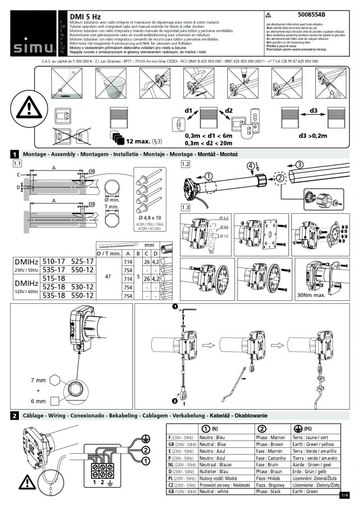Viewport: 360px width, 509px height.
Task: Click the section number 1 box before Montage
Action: [x=15, y=155]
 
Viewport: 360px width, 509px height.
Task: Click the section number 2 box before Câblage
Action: [x=15, y=415]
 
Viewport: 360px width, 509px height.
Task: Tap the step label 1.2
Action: [x=186, y=164]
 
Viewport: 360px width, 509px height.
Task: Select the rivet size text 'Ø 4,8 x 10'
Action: [x=149, y=217]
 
